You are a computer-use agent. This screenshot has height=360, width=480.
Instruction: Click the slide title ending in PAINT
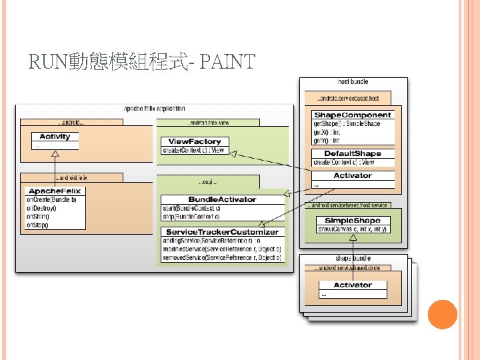pos(142,63)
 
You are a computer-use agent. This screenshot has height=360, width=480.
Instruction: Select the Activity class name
pos(55,137)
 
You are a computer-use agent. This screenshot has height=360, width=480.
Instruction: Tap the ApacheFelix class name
pos(55,191)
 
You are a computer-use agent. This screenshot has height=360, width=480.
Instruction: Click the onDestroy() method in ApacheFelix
pos(41,208)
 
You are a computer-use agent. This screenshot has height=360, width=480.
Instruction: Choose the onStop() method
pos(37,225)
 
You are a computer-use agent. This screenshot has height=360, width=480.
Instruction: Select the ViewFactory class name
pos(195,141)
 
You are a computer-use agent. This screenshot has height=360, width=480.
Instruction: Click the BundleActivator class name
pos(222,199)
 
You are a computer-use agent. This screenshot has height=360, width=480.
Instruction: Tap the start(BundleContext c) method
pos(191,208)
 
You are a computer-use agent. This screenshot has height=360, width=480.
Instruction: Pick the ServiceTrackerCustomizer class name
pos(222,231)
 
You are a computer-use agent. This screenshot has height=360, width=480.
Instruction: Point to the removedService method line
pos(222,257)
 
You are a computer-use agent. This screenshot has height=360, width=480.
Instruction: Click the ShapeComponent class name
pos(353,115)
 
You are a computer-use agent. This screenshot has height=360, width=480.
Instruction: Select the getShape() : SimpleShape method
pos(347,124)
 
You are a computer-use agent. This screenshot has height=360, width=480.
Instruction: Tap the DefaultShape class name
pos(353,153)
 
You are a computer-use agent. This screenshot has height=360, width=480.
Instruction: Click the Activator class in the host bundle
pos(353,175)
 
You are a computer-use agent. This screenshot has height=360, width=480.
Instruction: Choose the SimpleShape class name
pos(353,220)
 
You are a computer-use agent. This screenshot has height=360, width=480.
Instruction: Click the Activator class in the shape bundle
pos(353,285)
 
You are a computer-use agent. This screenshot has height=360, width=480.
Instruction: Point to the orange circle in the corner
pos(442,315)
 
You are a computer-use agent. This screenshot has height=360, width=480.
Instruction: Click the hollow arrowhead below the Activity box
pos(55,154)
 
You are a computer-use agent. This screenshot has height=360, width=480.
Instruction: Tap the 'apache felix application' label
pos(155,108)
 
